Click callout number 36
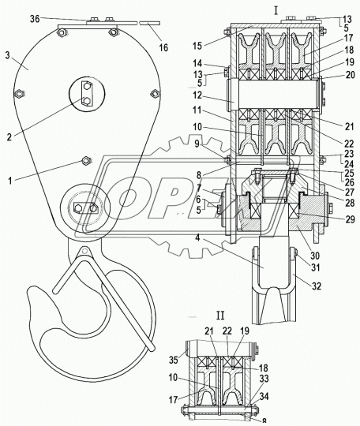point(35,19)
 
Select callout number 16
point(163,47)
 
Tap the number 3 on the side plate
point(7,55)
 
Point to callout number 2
point(9,137)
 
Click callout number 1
point(10,181)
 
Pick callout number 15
point(197,46)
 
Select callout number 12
point(197,95)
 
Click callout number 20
point(350,74)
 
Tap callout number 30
point(315,256)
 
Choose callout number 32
point(317,286)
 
